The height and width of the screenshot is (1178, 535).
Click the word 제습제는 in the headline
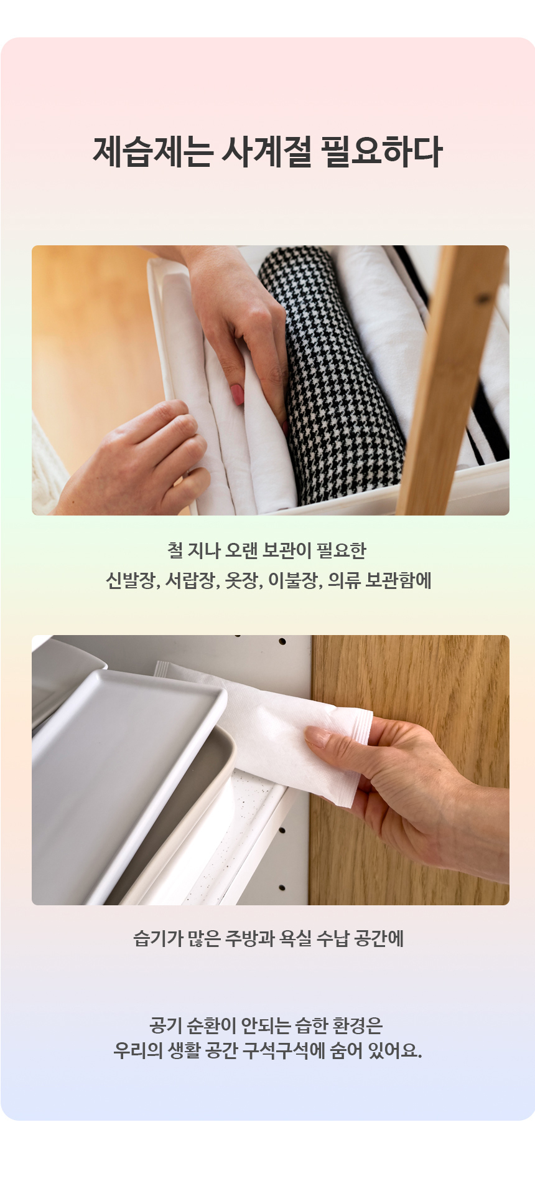coord(153,152)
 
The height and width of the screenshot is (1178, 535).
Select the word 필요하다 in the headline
coord(381,152)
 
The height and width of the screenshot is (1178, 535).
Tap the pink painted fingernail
coord(237,393)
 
